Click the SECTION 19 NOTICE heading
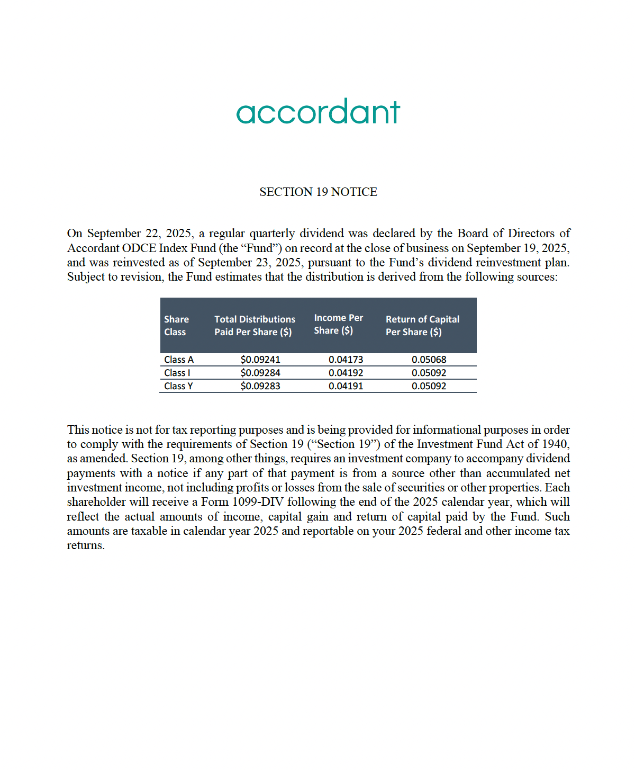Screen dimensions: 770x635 (x=318, y=192)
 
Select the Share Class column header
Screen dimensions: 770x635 (x=176, y=326)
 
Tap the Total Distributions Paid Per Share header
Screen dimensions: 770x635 (x=255, y=326)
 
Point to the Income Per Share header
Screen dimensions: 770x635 (x=338, y=324)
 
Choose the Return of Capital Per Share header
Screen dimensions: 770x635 (x=422, y=326)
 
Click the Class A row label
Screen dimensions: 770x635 (x=179, y=360)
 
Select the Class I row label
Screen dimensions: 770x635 (x=177, y=373)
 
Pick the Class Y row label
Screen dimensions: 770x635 (x=178, y=386)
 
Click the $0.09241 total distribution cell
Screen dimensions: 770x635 (x=260, y=360)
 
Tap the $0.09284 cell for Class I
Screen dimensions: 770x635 (x=260, y=373)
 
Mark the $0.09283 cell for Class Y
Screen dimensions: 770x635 (x=260, y=386)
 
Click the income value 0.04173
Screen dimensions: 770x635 (x=346, y=360)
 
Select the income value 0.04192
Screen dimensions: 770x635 (x=346, y=373)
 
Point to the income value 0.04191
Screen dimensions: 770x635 (x=346, y=386)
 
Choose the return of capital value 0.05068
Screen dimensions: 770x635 (x=429, y=360)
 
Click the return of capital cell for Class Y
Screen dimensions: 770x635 (x=429, y=386)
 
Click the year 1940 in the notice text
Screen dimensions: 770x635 (x=555, y=444)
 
